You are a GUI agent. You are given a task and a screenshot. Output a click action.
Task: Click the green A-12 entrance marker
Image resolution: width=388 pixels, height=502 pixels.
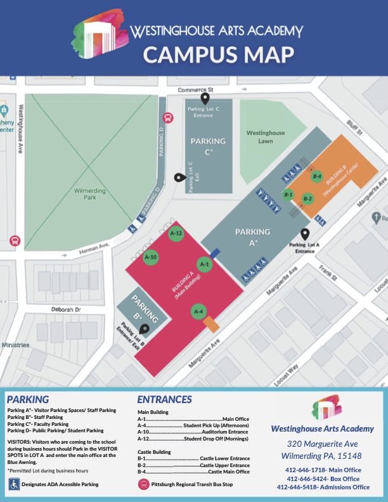(177, 234)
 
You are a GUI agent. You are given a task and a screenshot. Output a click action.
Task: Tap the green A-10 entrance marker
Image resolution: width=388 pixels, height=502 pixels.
(151, 257)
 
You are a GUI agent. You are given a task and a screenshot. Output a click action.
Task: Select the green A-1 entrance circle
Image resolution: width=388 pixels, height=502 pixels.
(204, 264)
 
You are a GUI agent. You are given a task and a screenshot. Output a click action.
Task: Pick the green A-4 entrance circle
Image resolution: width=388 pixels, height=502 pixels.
(198, 311)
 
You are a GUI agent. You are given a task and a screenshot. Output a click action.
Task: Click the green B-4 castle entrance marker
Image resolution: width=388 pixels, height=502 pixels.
(317, 176)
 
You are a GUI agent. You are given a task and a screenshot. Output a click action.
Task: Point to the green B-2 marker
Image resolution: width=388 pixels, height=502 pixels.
(308, 198)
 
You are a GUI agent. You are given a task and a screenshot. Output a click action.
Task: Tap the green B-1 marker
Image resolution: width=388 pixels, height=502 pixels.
(288, 194)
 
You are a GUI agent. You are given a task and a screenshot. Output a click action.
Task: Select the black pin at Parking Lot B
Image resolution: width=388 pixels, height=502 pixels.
(144, 329)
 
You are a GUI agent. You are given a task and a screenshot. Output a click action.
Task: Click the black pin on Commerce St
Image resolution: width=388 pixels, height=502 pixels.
(205, 98)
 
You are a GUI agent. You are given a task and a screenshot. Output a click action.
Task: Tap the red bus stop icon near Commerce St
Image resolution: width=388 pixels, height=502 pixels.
(168, 118)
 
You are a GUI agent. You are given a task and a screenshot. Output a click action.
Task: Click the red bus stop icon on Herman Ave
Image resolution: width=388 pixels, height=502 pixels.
(14, 241)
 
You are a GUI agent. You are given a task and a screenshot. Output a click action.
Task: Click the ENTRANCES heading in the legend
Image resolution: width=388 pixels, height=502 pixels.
(164, 399)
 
